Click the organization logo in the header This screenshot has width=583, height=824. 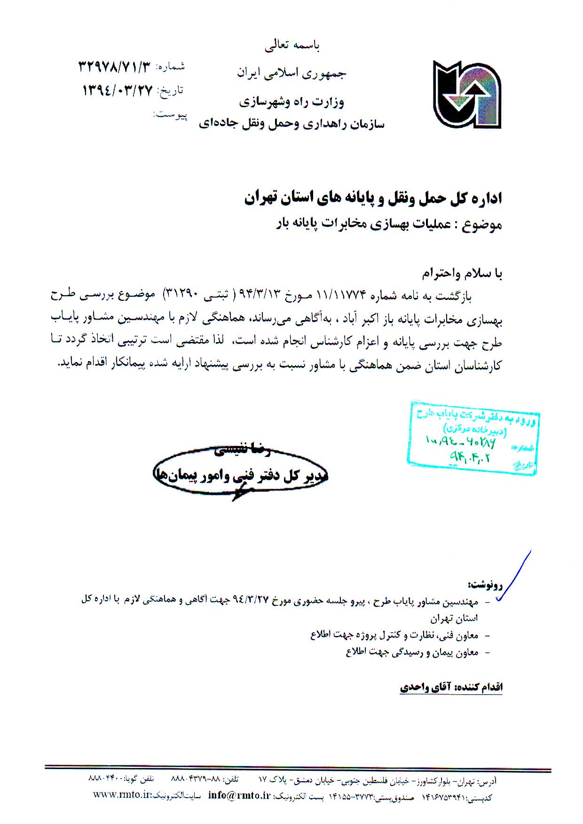[x=467, y=94]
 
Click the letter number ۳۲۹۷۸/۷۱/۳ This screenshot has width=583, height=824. [x=116, y=67]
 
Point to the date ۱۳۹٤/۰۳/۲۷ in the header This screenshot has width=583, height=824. [x=118, y=90]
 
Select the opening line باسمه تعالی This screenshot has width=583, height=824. [x=292, y=46]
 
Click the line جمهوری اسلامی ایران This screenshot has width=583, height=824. [x=291, y=73]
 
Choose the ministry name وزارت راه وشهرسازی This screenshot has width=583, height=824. [x=291, y=102]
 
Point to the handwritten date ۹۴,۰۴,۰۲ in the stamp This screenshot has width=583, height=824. [x=470, y=456]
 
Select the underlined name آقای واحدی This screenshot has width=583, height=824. [x=425, y=687]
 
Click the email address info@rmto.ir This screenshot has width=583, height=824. [x=239, y=795]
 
